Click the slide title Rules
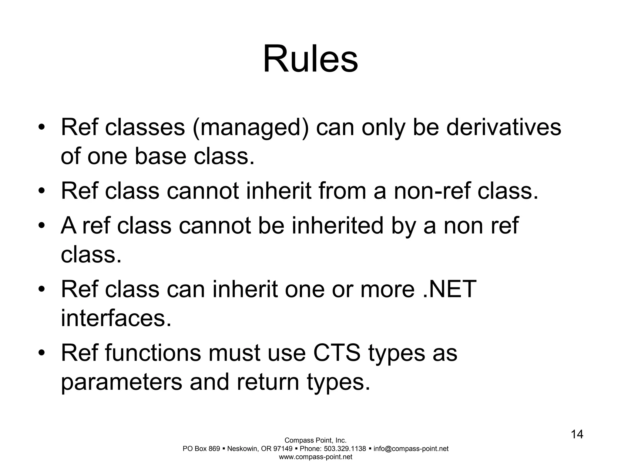(x=310, y=59)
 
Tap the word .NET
(x=449, y=289)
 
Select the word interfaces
(x=116, y=318)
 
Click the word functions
(x=153, y=353)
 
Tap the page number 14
(x=577, y=434)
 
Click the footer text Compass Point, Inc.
(x=315, y=440)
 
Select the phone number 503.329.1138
(x=345, y=449)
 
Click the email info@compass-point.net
(x=411, y=449)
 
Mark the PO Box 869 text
(x=201, y=449)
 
